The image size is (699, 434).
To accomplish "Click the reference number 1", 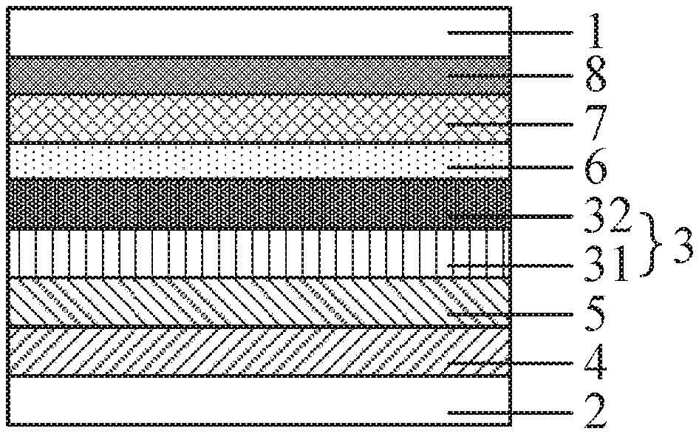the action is click(x=596, y=31).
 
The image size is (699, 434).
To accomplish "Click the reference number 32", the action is click(x=607, y=216).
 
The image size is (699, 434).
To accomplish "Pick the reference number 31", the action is click(x=607, y=265).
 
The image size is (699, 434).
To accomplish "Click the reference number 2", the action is click(x=596, y=411).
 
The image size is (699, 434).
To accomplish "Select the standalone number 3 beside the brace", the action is click(x=683, y=245).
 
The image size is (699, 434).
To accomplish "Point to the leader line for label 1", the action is click(x=510, y=32).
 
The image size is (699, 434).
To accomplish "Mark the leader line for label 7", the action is click(x=510, y=124).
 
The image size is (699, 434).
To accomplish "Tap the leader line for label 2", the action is click(x=510, y=413).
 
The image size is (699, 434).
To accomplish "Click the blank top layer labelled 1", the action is click(x=259, y=32).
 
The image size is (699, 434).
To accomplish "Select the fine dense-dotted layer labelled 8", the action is click(x=259, y=75).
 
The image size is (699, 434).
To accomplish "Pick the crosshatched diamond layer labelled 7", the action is click(x=259, y=118).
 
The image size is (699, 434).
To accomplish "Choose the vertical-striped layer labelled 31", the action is click(x=259, y=254).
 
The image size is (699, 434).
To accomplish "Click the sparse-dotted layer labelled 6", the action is click(x=259, y=160).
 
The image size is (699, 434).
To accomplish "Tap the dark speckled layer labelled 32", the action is click(x=259, y=204).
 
